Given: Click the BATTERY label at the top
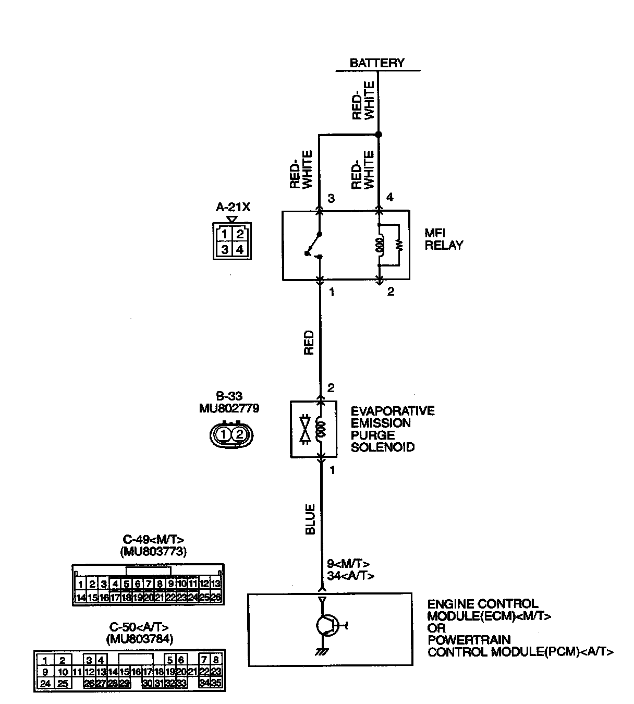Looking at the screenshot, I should point(377,63).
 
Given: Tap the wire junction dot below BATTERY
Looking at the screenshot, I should point(379,135).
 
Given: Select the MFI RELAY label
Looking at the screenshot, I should point(443,239).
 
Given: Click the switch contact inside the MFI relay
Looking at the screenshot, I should point(313,245).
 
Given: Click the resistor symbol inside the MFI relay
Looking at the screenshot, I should point(399,245).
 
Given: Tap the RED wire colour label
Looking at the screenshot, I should point(309,342).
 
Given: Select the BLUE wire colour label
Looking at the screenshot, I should point(310,519).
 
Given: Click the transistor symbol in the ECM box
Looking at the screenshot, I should point(327,625).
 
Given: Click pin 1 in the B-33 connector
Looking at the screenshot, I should point(223,434).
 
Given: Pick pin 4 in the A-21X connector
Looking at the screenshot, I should point(239,249).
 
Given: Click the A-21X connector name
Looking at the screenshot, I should point(233,207).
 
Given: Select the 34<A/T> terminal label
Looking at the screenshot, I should point(350,575).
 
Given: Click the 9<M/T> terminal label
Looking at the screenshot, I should point(348,564).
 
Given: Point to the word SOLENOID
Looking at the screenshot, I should point(382,447).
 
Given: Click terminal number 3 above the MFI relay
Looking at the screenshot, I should point(331,199).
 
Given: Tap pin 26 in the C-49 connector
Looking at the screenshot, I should point(216,598).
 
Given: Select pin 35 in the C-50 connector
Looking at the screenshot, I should point(216,683).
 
